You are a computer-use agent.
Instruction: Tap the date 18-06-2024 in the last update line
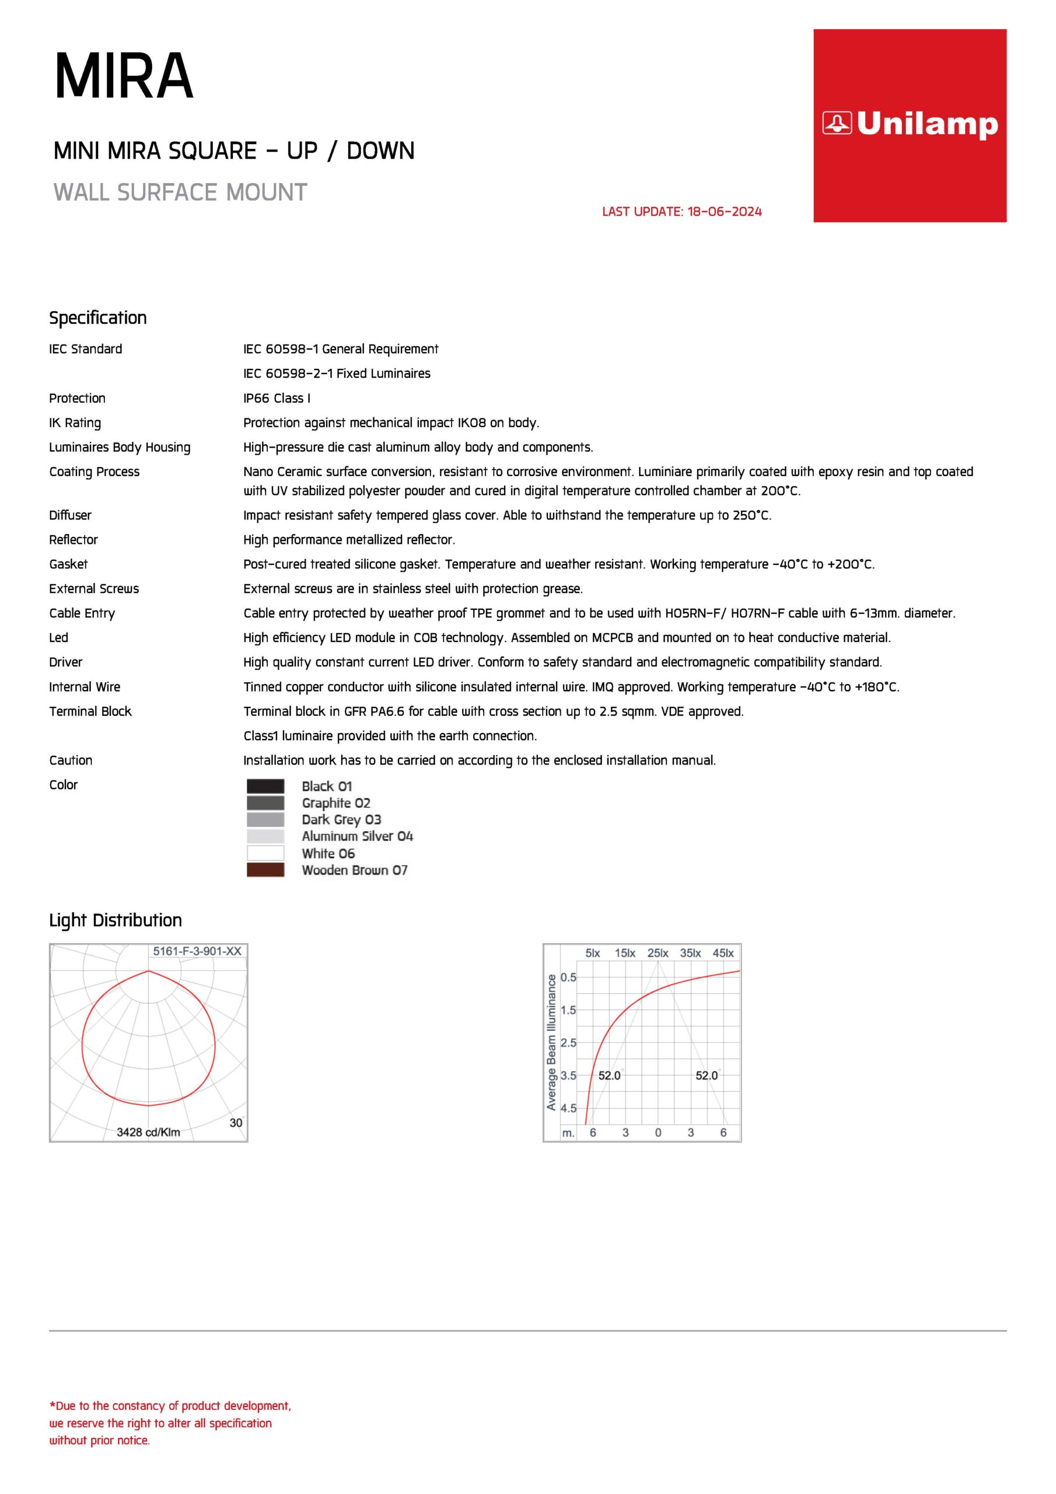click(724, 211)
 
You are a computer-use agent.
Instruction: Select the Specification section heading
click(97, 317)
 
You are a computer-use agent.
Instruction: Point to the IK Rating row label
click(75, 423)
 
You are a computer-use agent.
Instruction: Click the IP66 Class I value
click(277, 398)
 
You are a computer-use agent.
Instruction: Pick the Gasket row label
click(68, 564)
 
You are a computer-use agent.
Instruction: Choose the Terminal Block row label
click(90, 711)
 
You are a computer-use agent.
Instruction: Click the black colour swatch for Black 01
click(265, 786)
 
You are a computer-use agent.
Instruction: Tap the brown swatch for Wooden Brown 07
click(265, 870)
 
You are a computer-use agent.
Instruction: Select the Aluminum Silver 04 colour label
click(357, 836)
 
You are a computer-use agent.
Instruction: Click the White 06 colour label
click(328, 853)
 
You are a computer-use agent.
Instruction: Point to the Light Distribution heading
click(115, 920)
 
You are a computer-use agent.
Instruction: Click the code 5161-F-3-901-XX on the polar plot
click(197, 951)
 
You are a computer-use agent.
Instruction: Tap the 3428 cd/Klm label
click(148, 1132)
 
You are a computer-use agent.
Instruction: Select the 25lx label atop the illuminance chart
click(658, 953)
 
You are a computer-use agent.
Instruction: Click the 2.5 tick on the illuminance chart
click(568, 1043)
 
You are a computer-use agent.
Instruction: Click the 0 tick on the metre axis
click(658, 1133)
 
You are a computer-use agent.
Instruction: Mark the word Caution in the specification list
click(70, 760)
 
